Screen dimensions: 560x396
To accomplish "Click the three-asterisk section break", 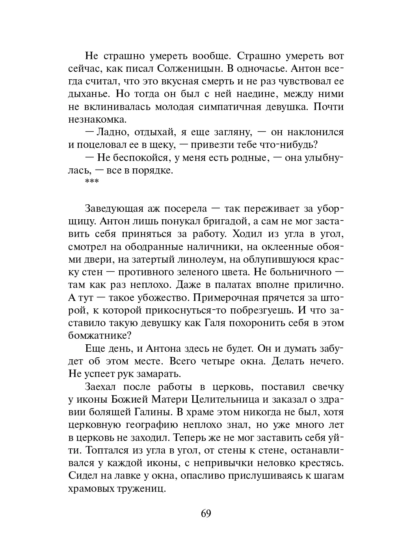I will (x=92, y=182).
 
